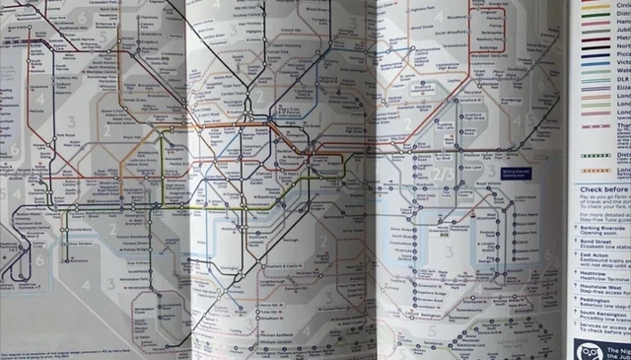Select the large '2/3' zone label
coord(443,174)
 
